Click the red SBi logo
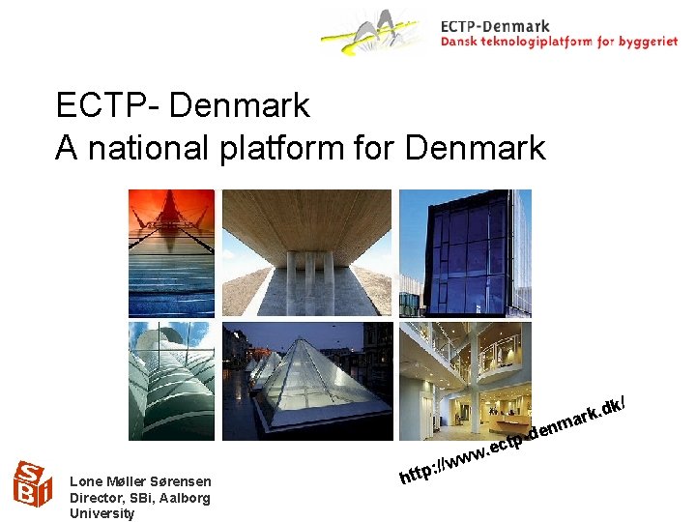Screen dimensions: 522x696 pos(33,483)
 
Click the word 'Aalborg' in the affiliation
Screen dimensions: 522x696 pos(180,498)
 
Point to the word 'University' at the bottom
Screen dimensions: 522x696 pos(101,513)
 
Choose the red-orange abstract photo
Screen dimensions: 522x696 pos(171,252)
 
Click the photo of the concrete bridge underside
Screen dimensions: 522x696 pos(306,252)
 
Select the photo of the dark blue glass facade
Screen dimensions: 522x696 pos(467,252)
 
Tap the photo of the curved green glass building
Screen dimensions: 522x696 pos(171,381)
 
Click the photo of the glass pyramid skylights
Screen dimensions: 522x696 pos(306,381)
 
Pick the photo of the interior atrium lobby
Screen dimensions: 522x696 pos(467,381)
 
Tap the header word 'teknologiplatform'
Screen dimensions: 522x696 pos(533,42)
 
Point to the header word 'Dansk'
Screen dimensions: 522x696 pos(460,42)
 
